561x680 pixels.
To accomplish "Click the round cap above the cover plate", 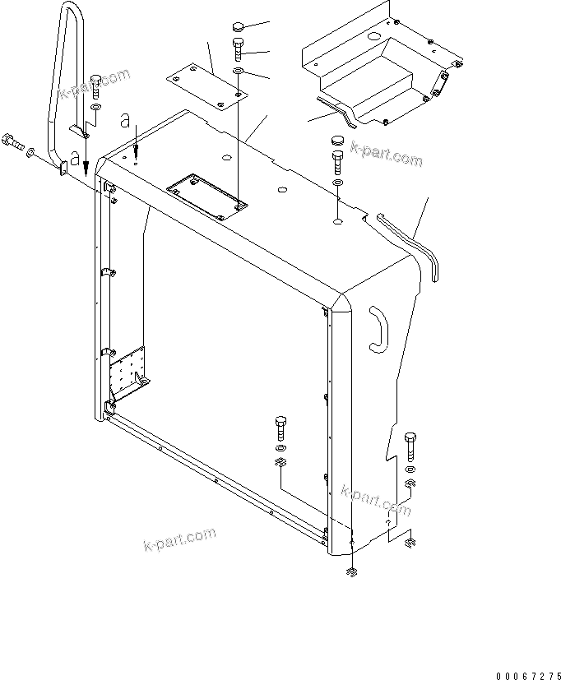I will (239, 25).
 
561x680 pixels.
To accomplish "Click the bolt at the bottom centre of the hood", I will (280, 428).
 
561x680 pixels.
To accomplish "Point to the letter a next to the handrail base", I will (75, 157).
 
